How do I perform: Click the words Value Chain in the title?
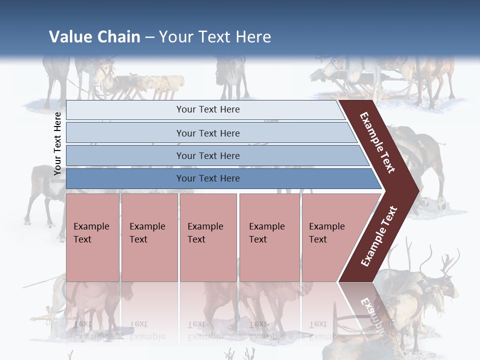pos(94,37)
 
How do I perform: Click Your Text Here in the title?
pos(215,37)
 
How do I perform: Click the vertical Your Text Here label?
pos(57,143)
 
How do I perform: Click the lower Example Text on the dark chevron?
pos(379,236)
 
